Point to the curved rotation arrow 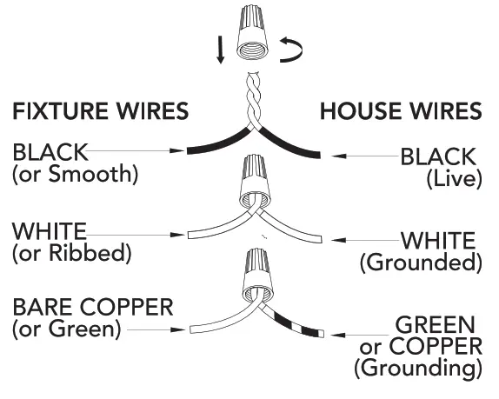pos(293,53)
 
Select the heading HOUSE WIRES pos(400,111)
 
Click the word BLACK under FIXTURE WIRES pos(50,152)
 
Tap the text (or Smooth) pos(75,174)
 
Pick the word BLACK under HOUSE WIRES pos(437,156)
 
